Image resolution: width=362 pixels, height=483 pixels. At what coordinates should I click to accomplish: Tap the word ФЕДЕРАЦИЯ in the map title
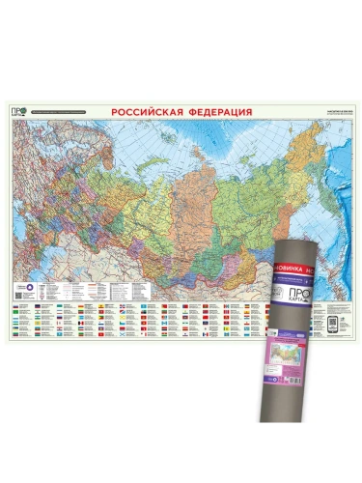[217, 112]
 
